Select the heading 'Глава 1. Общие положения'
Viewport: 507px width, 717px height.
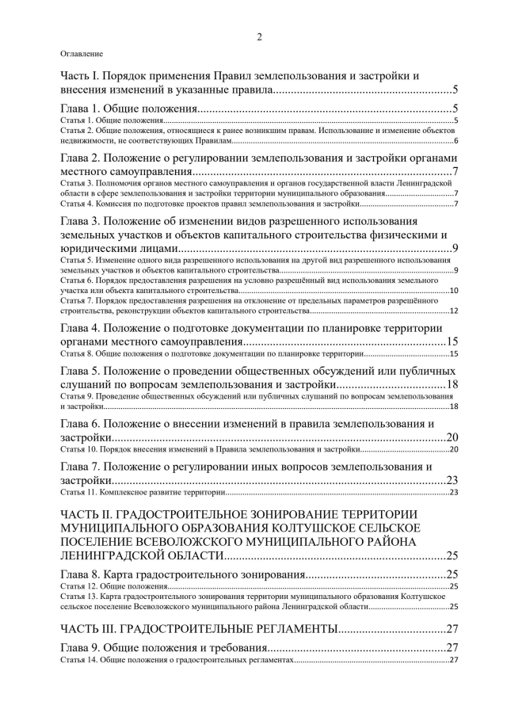click(128, 109)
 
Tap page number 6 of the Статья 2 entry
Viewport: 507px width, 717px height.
click(457, 140)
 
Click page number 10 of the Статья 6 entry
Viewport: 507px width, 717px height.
click(454, 291)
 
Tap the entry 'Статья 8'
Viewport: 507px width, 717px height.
click(78, 353)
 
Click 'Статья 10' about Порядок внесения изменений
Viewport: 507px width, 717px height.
click(79, 449)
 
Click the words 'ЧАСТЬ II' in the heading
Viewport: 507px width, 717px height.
click(87, 515)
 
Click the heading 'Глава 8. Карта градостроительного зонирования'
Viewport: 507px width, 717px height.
click(182, 574)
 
